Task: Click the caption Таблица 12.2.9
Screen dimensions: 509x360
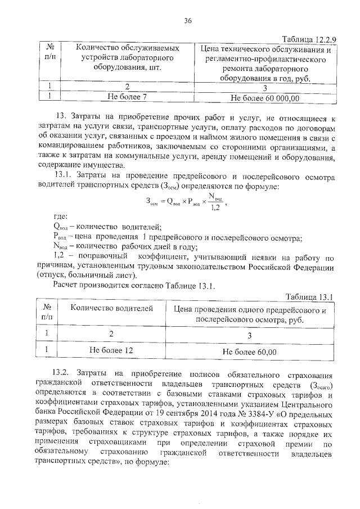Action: point(308,38)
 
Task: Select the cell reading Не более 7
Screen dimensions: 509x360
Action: point(130,97)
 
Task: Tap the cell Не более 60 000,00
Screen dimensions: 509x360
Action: point(265,98)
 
